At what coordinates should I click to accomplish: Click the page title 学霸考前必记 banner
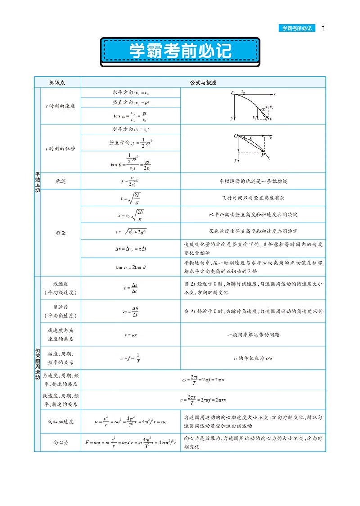coord(180,51)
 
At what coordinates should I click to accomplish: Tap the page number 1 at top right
coord(323,28)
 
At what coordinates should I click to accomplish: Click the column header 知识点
coord(58,82)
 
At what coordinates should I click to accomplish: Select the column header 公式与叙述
coord(203,82)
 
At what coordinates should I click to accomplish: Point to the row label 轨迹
coord(61,181)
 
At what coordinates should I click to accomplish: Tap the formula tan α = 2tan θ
coord(130,267)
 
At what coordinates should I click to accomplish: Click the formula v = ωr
coord(130,335)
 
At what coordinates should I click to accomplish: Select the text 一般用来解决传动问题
coord(253,335)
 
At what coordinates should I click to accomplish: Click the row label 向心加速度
coord(61,422)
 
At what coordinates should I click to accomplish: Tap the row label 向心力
coord(61,443)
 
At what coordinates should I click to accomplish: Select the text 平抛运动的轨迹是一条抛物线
coord(253,181)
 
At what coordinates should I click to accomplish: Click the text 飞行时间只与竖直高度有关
coord(253,198)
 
